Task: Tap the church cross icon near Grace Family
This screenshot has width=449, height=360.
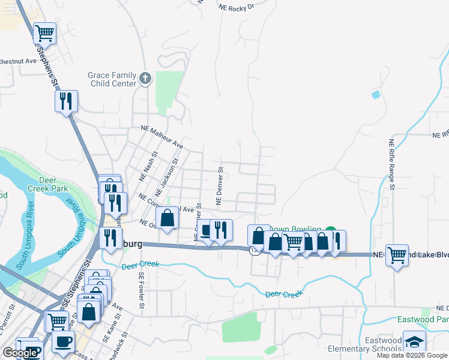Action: coord(145,78)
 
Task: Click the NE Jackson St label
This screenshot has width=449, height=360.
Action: coord(167,178)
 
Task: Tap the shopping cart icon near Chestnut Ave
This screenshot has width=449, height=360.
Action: coord(45,33)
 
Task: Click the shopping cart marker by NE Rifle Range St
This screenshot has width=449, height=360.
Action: coord(397,255)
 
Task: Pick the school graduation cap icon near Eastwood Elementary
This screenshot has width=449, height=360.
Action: coord(414,341)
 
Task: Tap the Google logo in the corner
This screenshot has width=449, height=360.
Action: coord(20,353)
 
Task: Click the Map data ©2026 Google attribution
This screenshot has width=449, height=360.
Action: coord(412,355)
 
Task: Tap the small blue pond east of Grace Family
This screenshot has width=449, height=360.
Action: coord(376,95)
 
